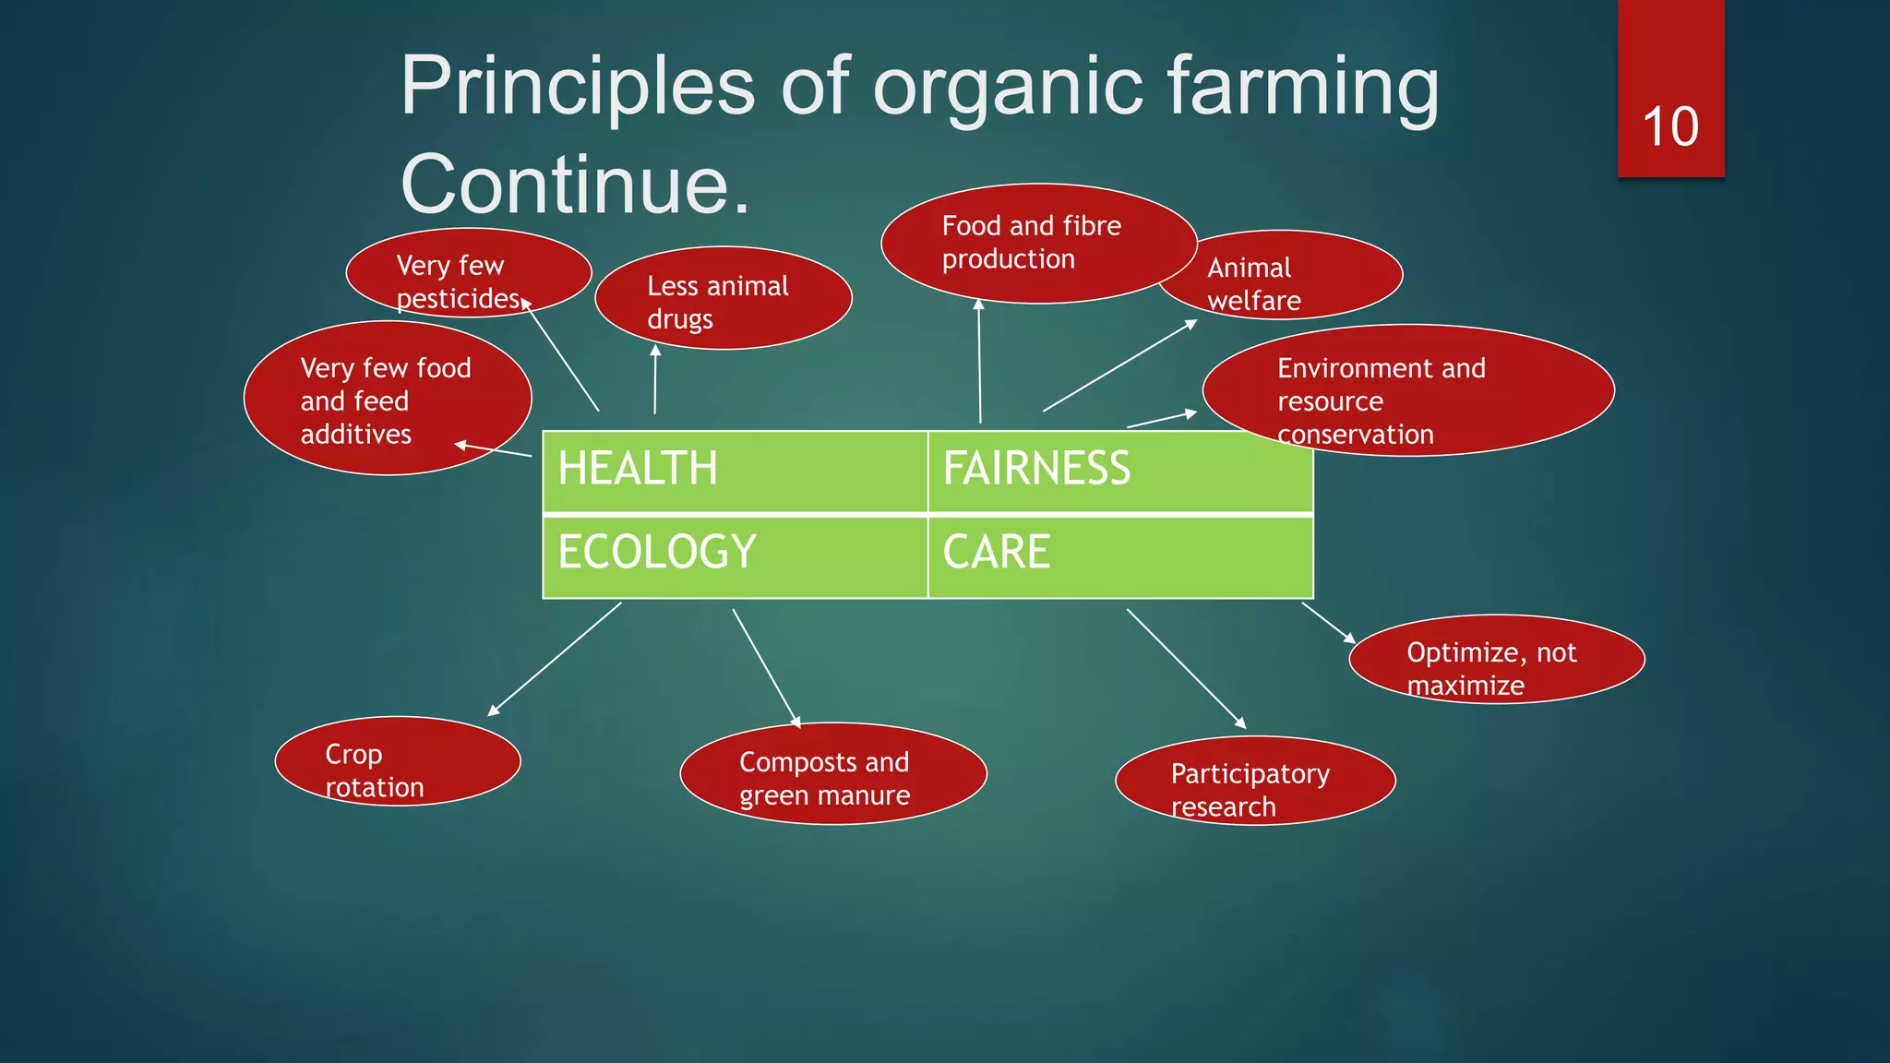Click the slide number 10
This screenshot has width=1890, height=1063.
pyautogui.click(x=1669, y=126)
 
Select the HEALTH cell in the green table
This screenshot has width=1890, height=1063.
pyautogui.click(x=735, y=470)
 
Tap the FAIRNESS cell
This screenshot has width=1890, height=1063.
pyautogui.click(x=1119, y=470)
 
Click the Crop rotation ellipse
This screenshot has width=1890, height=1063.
pyautogui.click(x=398, y=761)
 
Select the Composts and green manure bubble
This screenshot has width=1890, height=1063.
pyautogui.click(x=832, y=774)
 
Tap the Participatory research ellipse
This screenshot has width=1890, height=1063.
pyautogui.click(x=1254, y=781)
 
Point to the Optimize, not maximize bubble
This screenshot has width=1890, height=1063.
pyautogui.click(x=1496, y=660)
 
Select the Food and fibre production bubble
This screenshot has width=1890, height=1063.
pyautogui.click(x=1038, y=243)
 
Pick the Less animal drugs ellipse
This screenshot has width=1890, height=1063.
pyautogui.click(x=723, y=298)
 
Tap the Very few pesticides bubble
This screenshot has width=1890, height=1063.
pyautogui.click(x=468, y=273)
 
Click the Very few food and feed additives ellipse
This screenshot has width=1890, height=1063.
pyautogui.click(x=387, y=399)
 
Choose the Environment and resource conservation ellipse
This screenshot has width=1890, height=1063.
pyautogui.click(x=1407, y=391)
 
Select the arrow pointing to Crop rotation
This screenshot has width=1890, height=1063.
pyautogui.click(x=555, y=658)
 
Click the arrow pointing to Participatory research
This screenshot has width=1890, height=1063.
pyautogui.click(x=1186, y=668)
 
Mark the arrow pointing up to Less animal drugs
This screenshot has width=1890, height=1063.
pyautogui.click(x=655, y=379)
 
